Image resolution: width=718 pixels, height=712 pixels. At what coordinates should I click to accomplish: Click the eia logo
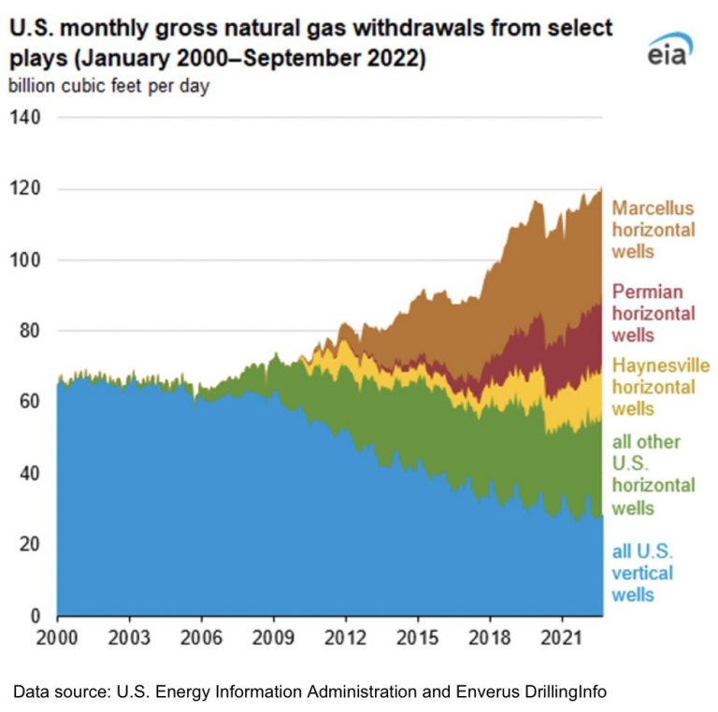point(670,49)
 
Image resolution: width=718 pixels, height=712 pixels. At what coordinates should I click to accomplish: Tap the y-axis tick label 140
point(25,117)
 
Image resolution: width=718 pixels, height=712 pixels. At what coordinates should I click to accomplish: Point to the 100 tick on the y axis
point(25,260)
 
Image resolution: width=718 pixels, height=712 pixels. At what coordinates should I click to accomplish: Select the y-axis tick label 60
point(30,401)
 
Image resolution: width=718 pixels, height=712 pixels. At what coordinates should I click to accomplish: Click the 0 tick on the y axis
point(36,616)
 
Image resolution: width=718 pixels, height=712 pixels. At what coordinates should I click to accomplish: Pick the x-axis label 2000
point(57,638)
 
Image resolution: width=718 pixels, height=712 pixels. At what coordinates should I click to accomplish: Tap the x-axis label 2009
point(273,638)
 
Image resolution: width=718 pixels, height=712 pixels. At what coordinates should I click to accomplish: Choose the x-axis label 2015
point(418,638)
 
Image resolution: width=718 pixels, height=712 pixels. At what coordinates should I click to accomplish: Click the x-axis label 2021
point(561,638)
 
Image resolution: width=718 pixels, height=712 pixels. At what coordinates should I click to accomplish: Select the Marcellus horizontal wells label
point(653,230)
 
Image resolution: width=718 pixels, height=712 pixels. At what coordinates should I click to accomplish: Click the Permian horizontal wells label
point(653,313)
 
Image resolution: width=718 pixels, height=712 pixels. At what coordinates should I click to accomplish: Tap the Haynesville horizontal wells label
point(661,387)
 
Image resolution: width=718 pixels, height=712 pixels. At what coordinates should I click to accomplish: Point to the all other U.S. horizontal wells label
point(653,475)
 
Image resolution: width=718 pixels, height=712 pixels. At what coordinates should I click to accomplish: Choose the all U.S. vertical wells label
point(642,573)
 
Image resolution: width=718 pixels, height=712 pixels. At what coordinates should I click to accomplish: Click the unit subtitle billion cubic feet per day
point(109,86)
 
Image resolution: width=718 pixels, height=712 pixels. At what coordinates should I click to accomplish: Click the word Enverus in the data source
point(486,691)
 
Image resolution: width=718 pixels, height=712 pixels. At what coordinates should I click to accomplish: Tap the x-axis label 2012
point(345,638)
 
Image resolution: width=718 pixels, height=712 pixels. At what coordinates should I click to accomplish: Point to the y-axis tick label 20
point(30,544)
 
